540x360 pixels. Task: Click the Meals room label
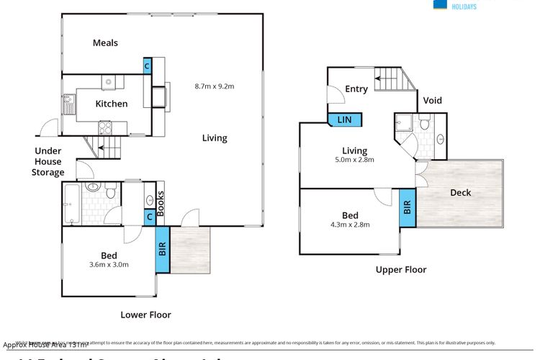pos(105,43)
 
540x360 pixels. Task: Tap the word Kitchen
pos(112,104)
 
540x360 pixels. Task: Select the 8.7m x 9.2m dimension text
pos(215,86)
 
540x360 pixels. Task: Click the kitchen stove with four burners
pos(104,128)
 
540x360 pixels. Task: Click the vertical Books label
pos(161,203)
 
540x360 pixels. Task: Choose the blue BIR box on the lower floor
pos(162,250)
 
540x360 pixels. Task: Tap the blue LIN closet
pos(344,120)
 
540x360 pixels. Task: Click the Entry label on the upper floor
pos(356,89)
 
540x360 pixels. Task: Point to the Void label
pos(433,101)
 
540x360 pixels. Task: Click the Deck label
pos(461,192)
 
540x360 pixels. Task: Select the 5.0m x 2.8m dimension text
pos(354,160)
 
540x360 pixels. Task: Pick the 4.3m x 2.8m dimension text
pos(350,225)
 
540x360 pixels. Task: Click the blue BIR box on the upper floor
pos(408,207)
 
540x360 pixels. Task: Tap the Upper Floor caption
pos(401,270)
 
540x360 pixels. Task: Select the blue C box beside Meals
pos(147,66)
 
